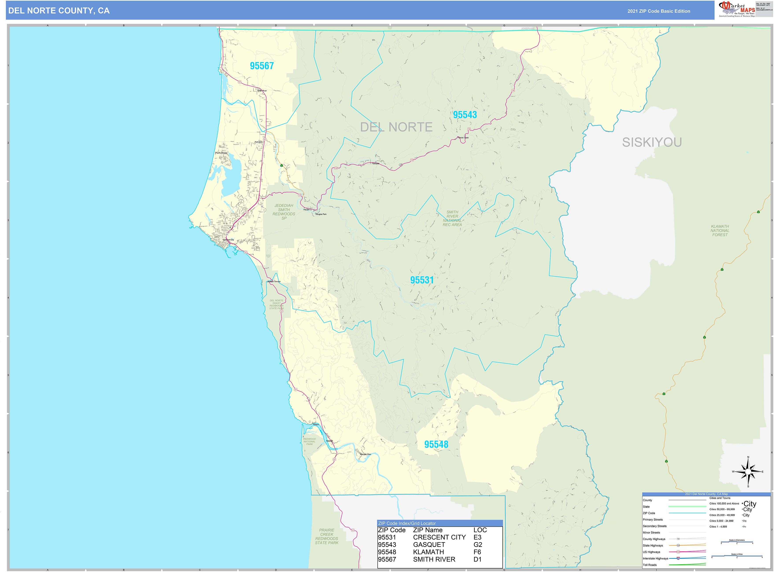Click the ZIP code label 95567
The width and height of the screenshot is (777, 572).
[262, 66]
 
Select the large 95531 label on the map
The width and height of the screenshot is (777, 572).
[422, 280]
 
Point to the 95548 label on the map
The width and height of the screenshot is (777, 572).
[436, 444]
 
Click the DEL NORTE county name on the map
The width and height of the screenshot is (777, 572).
[396, 127]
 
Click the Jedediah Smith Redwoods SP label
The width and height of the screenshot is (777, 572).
[284, 212]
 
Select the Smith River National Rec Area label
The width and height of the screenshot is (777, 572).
[452, 218]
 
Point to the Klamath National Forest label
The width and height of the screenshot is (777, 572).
[720, 231]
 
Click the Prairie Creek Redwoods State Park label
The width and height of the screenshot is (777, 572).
[327, 536]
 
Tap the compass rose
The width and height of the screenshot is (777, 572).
[748, 472]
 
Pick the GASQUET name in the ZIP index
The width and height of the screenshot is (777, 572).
[429, 544]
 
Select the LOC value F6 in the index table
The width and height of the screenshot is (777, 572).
[477, 552]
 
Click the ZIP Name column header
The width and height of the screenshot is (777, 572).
[428, 530]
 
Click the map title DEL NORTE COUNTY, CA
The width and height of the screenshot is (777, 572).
[59, 11]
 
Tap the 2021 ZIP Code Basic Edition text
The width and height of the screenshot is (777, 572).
[659, 11]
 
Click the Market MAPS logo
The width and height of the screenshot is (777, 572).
[737, 9]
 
